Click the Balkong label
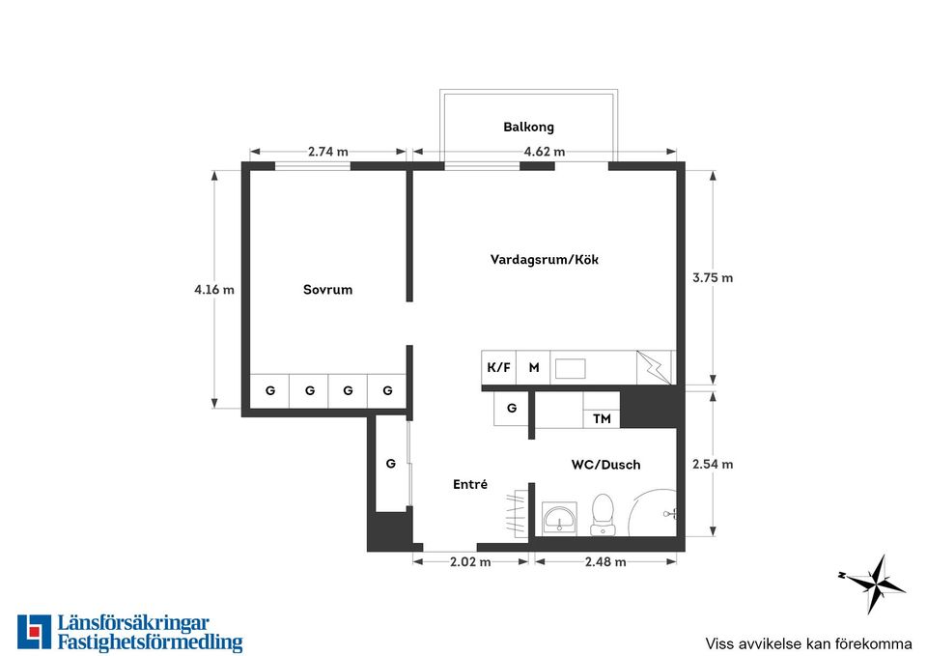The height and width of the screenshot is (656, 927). click(x=528, y=128)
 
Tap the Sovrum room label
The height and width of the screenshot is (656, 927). click(x=327, y=290)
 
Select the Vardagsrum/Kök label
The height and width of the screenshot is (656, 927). click(x=545, y=260)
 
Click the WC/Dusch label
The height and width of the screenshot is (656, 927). click(x=605, y=465)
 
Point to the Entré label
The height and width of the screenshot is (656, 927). click(x=470, y=484)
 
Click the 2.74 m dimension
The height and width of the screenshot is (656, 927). click(x=328, y=152)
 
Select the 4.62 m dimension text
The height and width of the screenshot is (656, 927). click(x=545, y=152)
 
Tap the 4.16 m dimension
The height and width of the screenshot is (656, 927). click(x=214, y=290)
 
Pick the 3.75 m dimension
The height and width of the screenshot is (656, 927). click(x=713, y=277)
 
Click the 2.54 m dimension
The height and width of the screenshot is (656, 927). click(x=713, y=465)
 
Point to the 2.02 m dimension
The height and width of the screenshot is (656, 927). click(x=470, y=562)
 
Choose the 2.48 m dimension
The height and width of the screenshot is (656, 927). click(x=605, y=562)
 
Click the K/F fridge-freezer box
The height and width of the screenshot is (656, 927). click(x=499, y=367)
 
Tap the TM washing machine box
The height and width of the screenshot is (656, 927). click(x=602, y=418)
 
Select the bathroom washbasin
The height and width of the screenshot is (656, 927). click(x=559, y=519)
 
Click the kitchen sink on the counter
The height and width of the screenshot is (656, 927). click(x=571, y=368)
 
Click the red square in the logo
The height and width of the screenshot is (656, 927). click(x=35, y=631)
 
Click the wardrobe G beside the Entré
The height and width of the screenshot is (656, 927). click(x=391, y=464)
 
